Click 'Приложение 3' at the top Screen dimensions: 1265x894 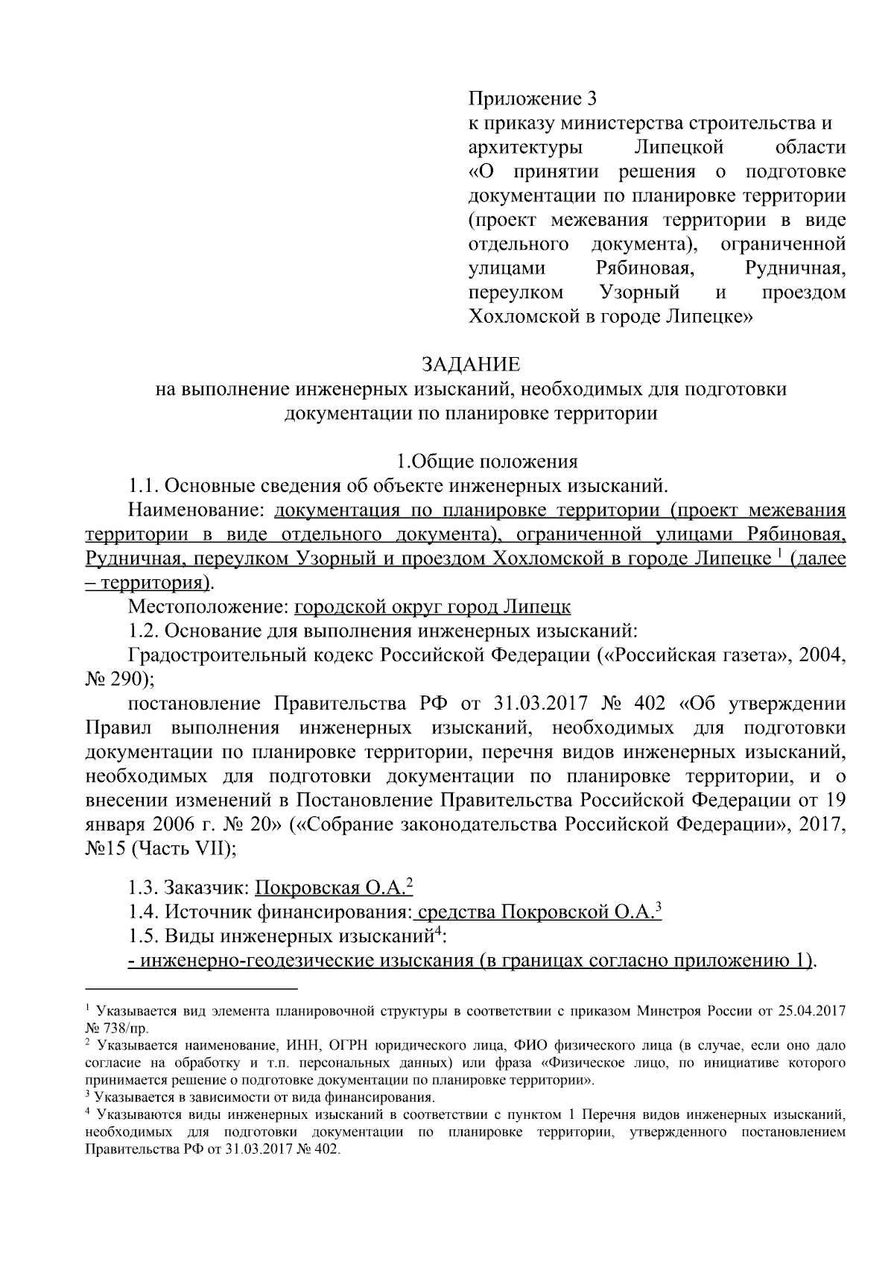point(533,98)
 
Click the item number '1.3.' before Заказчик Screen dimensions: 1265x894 point(143,888)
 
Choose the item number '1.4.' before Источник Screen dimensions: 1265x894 point(143,912)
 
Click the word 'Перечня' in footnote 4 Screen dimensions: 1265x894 point(609,1115)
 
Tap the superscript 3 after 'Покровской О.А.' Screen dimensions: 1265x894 point(659,906)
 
